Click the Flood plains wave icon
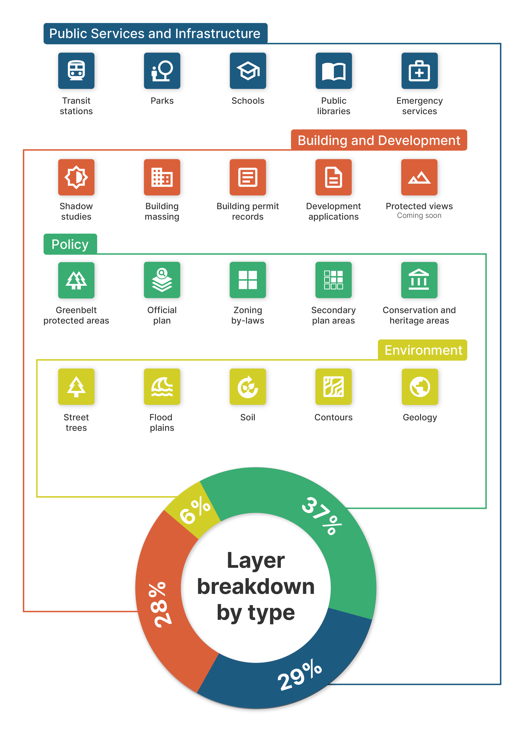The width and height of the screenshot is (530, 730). (162, 387)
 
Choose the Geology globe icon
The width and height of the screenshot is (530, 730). (420, 387)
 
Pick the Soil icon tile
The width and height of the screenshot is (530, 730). (248, 387)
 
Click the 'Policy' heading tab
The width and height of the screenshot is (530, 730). (70, 244)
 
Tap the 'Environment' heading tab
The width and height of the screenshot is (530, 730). (423, 350)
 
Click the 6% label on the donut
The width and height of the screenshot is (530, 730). (195, 509)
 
